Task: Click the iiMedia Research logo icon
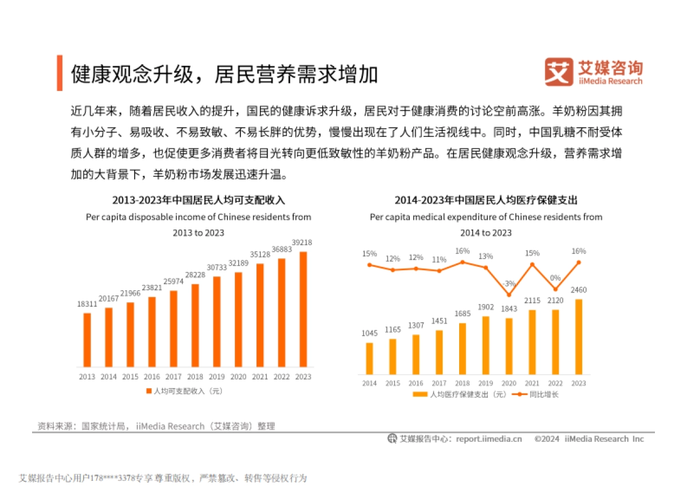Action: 559,72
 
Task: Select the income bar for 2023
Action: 303,309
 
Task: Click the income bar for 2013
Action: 87,339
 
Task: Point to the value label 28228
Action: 195,274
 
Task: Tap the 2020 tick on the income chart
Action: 238,377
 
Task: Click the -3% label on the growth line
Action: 509,284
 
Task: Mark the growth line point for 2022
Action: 555,289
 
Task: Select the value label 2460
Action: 579,290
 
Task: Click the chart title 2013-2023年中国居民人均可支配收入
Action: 198,200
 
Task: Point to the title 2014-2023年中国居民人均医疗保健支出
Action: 486,200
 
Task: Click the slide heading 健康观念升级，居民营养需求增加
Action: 224,74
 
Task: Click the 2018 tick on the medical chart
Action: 463,383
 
